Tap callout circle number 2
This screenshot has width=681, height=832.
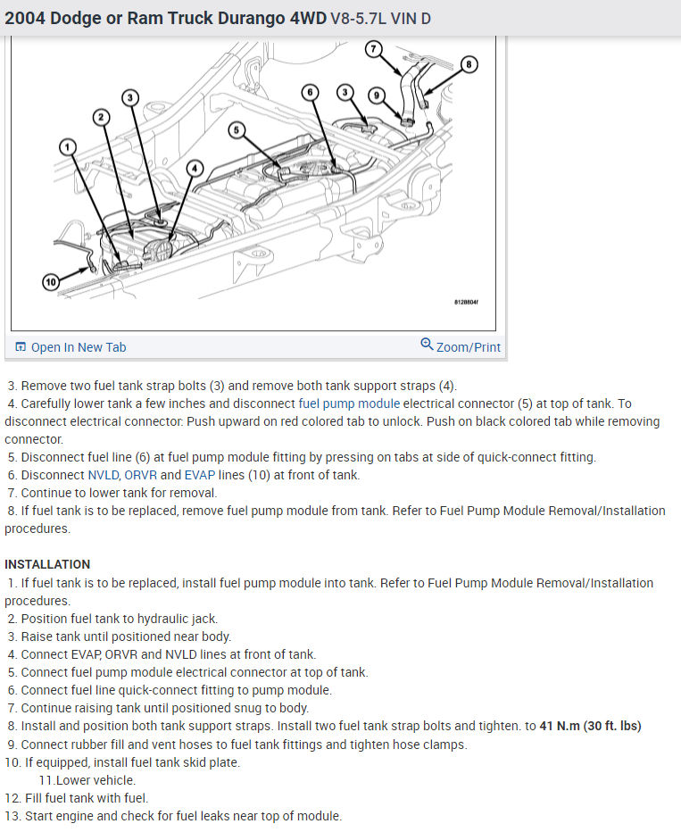pos(101,117)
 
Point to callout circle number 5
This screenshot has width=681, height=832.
pos(237,130)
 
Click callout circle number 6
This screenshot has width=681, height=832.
pos(310,93)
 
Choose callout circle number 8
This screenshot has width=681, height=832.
pos(469,63)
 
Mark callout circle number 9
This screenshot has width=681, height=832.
pos(377,95)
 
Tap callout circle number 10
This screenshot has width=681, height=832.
pos(50,282)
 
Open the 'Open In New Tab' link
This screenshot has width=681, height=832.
pos(79,347)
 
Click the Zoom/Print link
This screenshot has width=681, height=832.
pos(468,347)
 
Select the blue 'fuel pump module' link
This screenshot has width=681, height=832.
pos(349,404)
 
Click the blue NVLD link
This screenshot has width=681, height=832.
pos(104,475)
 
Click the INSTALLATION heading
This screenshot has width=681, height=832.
pos(47,564)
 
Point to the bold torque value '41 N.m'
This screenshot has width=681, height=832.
pos(560,726)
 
